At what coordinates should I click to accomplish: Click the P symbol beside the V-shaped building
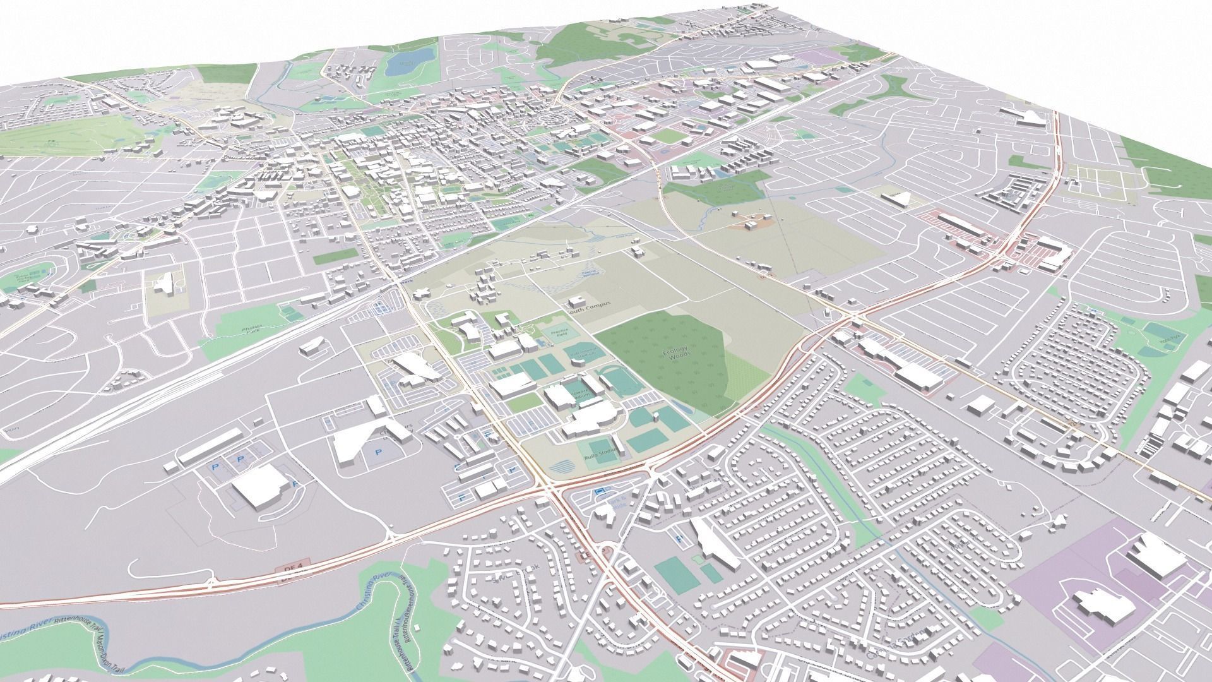point(379,452)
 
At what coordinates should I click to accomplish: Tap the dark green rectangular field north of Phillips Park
point(335,256)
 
